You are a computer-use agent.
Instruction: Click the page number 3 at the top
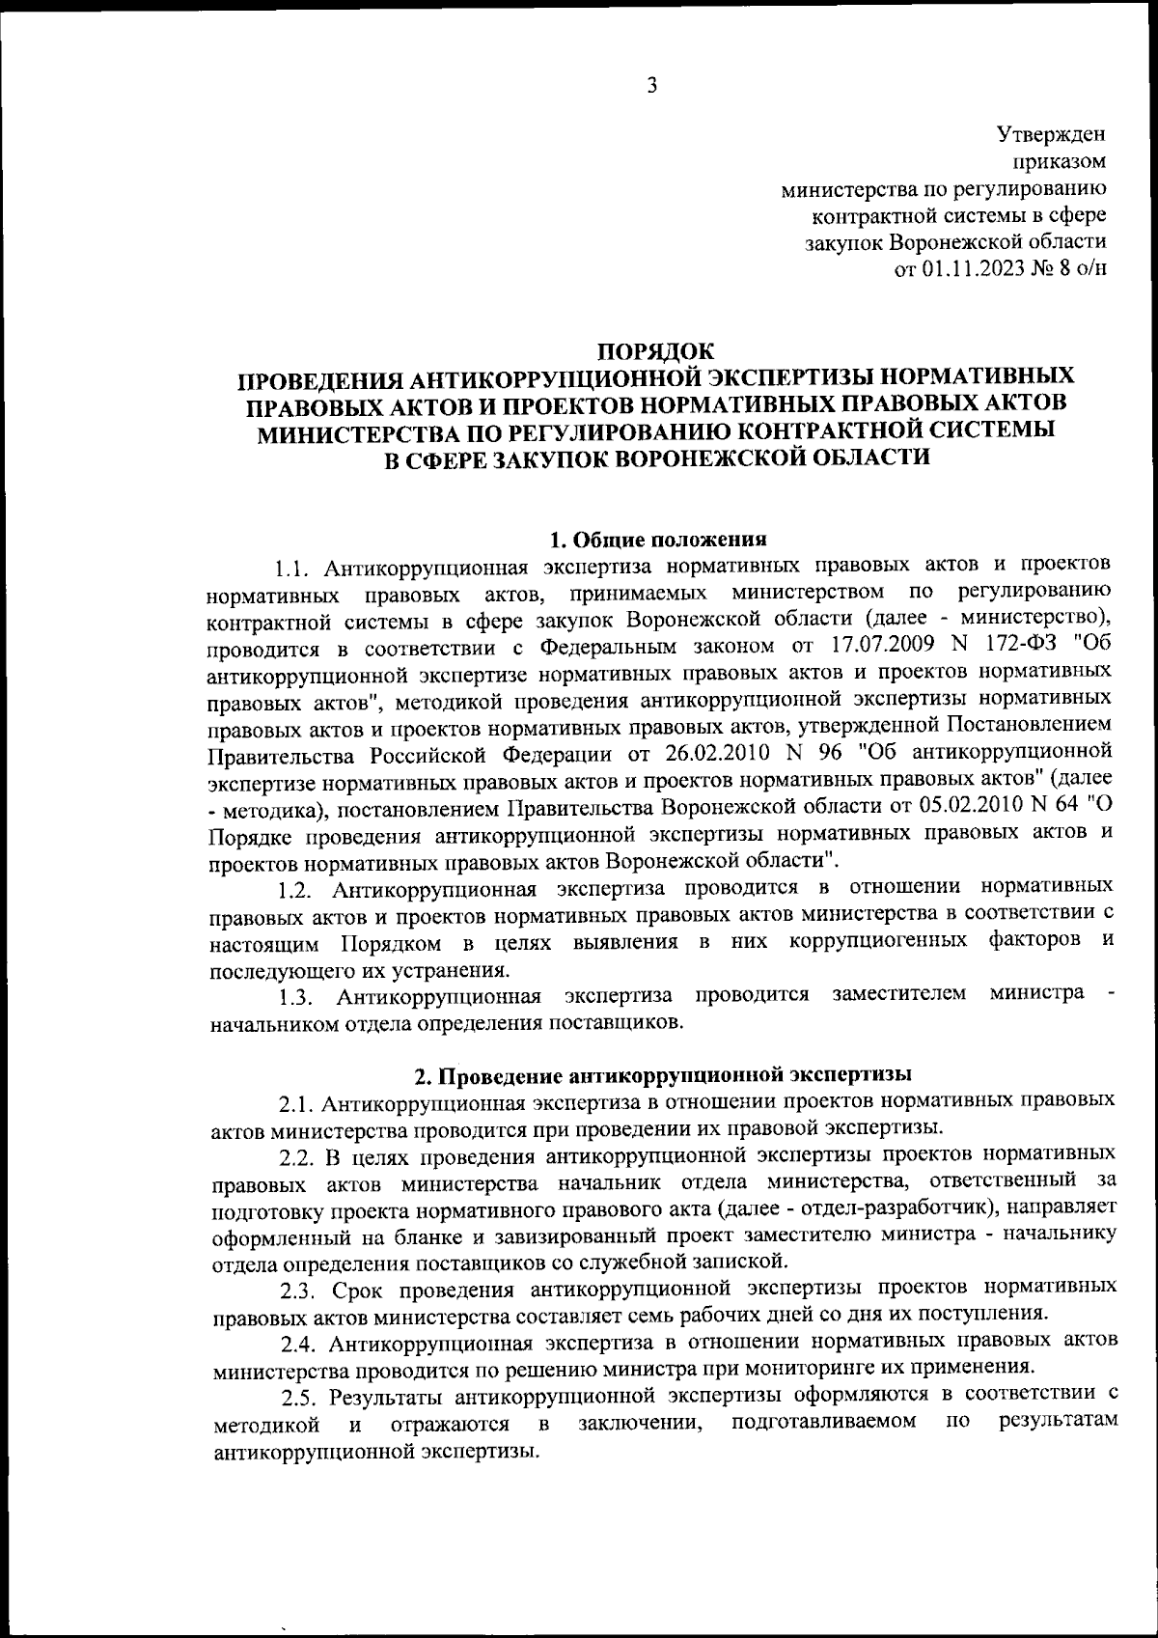pos(651,86)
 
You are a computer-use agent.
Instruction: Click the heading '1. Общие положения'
pos(657,539)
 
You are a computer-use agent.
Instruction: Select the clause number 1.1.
pos(291,565)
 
